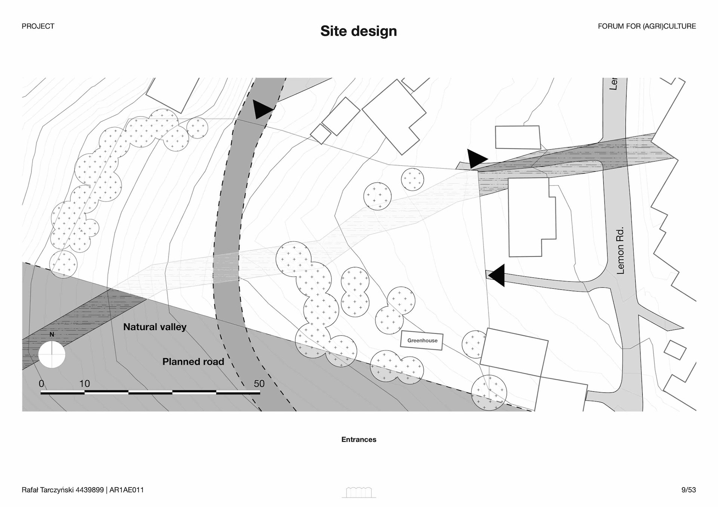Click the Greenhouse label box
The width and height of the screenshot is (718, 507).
tap(422, 341)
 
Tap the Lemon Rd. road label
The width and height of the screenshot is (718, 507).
tap(620, 250)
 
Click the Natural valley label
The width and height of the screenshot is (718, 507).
tap(155, 327)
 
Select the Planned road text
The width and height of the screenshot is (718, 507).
tap(193, 362)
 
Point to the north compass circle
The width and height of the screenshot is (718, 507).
tap(52, 354)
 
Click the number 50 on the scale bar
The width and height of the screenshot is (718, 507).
tap(259, 384)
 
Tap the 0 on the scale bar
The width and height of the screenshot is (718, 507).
tap(42, 384)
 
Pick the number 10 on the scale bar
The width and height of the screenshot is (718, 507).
tap(85, 384)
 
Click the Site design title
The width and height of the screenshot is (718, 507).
tap(359, 31)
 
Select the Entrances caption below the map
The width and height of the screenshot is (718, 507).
tap(359, 439)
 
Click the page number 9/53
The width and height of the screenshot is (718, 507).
tap(688, 490)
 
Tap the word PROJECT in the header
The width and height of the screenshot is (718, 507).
tap(38, 26)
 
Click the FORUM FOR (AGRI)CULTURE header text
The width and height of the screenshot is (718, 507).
tap(647, 26)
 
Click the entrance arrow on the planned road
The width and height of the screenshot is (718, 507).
tap(262, 109)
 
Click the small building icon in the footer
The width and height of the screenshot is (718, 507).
tap(359, 492)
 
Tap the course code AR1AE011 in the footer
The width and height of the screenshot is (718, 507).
tap(127, 490)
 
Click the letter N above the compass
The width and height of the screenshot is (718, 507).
tap(52, 334)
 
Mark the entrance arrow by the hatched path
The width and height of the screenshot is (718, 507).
tap(476, 158)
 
